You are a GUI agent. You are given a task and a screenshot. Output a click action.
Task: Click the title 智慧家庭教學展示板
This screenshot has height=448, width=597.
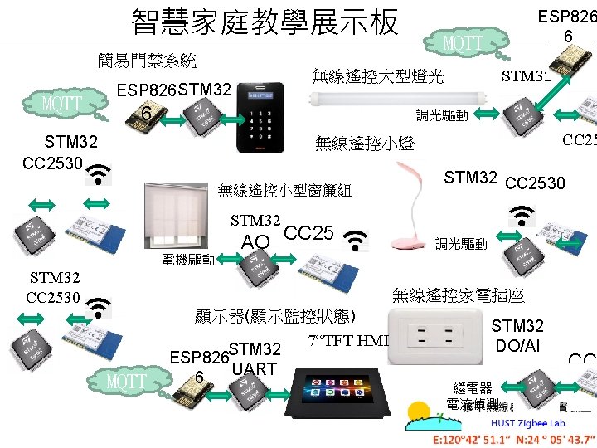click(265, 22)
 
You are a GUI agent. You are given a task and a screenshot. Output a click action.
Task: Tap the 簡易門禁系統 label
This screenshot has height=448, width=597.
click(147, 60)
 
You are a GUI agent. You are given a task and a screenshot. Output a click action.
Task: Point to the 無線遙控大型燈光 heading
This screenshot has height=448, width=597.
click(377, 77)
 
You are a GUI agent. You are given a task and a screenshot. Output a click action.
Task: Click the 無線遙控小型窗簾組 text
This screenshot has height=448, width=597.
click(284, 190)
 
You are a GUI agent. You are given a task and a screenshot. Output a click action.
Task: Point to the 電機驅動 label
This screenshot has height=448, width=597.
click(188, 261)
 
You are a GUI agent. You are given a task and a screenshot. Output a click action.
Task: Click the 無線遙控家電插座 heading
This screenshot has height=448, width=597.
click(458, 295)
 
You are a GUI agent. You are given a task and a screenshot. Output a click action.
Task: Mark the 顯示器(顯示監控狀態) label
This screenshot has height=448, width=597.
click(274, 316)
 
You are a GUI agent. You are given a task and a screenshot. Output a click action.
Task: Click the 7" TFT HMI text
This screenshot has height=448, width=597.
click(347, 339)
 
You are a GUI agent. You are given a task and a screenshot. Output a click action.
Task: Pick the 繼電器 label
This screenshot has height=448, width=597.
click(473, 387)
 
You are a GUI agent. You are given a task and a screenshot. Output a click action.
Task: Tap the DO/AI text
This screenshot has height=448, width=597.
click(517, 344)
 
